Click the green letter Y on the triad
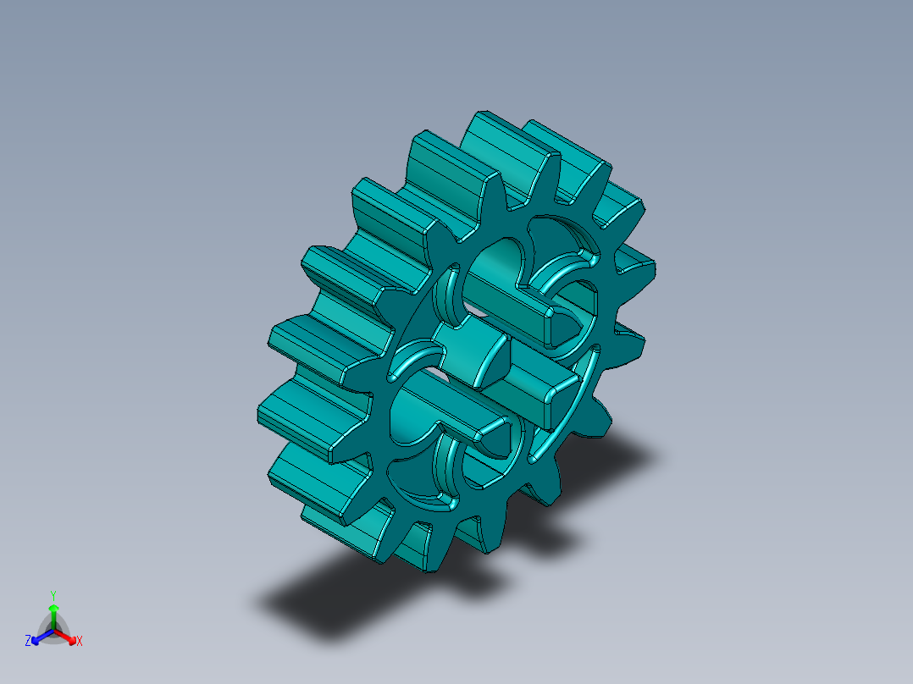(x=53, y=594)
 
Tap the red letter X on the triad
(x=80, y=642)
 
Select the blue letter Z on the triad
(x=28, y=641)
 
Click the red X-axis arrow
(x=69, y=637)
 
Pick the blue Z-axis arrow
(x=37, y=637)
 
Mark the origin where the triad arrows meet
(x=53, y=631)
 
